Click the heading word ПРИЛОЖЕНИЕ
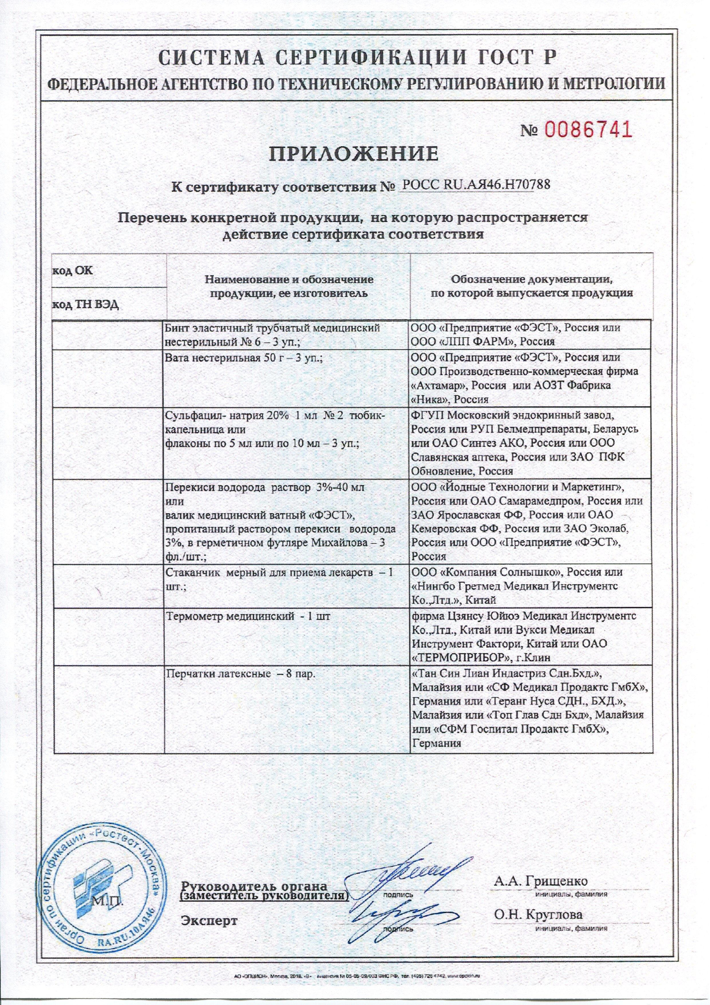point(353,154)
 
